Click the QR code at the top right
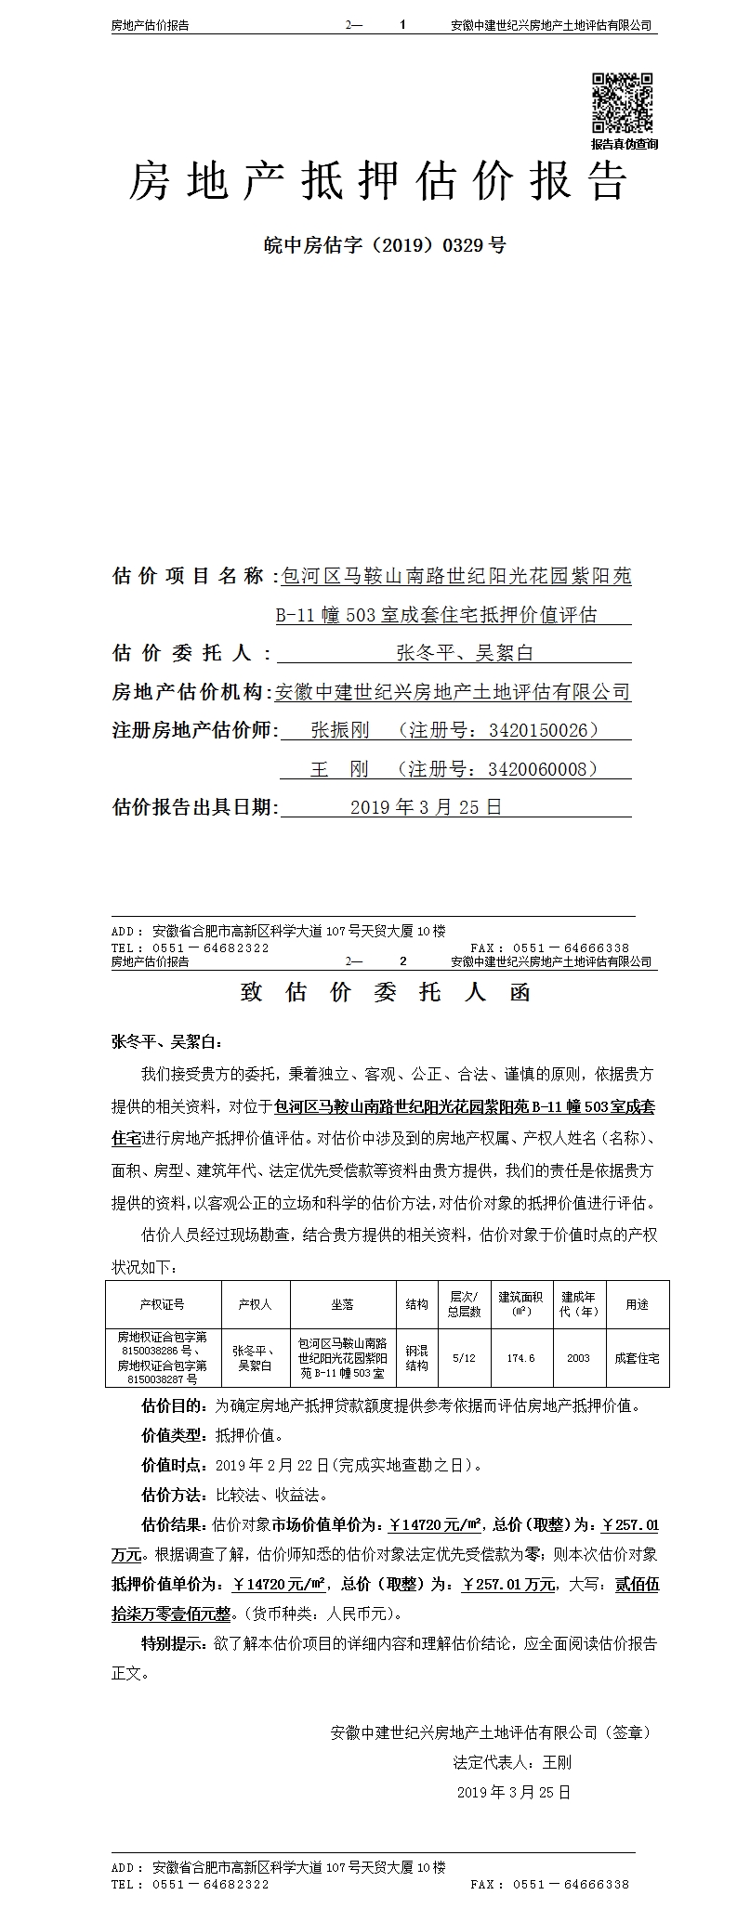click(623, 103)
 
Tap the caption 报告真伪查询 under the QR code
click(624, 144)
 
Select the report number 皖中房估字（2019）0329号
click(385, 246)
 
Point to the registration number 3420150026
click(539, 730)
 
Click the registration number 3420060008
click(538, 769)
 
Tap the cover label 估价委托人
click(182, 653)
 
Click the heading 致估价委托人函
click(385, 992)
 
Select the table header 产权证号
click(163, 1304)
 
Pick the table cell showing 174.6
click(520, 1357)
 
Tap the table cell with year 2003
click(578, 1357)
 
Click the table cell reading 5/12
click(463, 1357)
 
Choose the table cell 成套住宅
click(637, 1357)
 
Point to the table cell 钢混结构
click(416, 1357)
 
